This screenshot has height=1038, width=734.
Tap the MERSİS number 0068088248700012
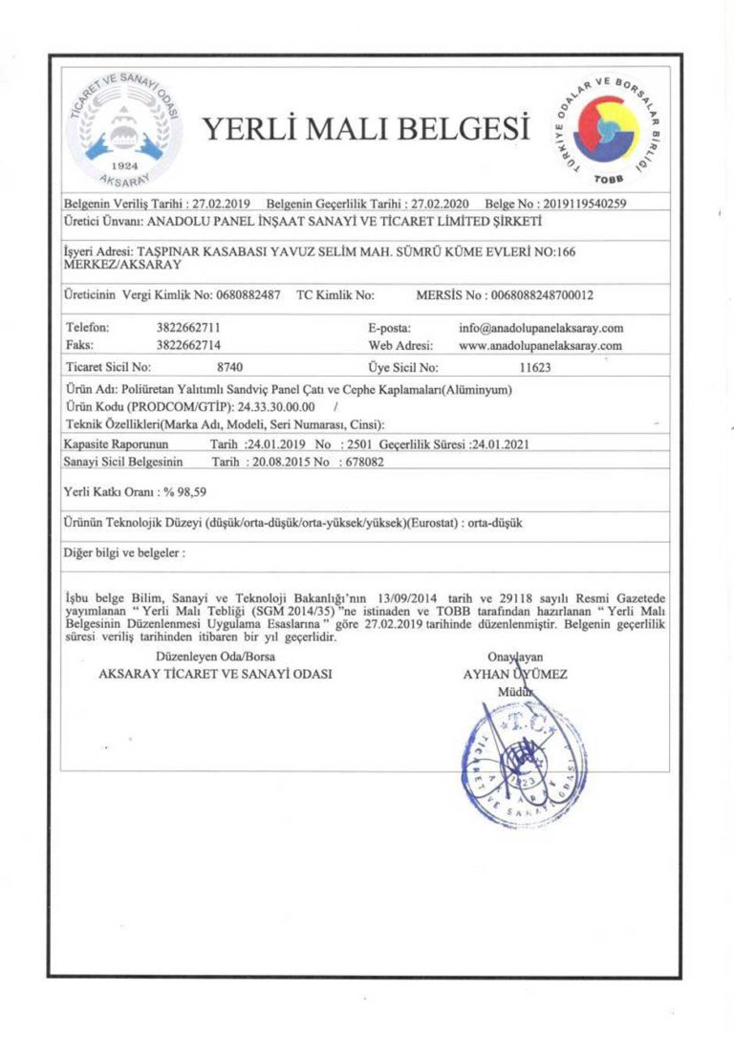click(x=542, y=295)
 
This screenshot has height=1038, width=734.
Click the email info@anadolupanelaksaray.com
click(x=541, y=327)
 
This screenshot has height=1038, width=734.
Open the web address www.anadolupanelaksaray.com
click(x=541, y=345)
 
